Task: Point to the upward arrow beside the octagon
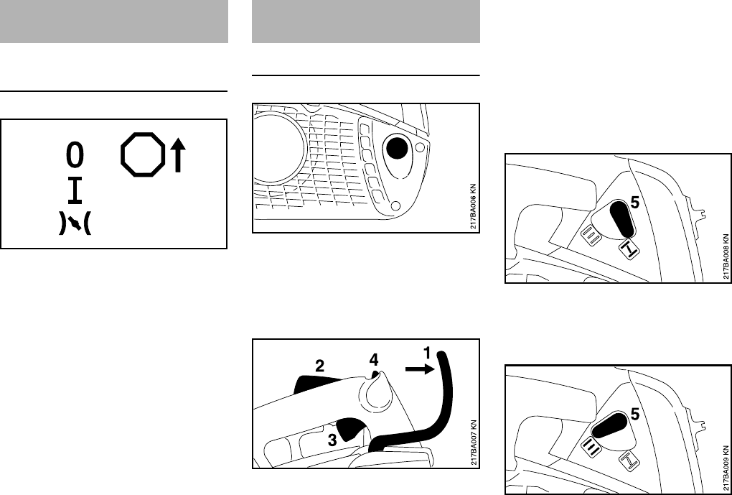[179, 156]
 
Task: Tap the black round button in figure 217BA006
[396, 149]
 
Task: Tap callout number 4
[374, 356]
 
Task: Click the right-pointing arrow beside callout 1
[417, 369]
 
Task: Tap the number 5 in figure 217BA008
[634, 203]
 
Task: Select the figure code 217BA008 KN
[726, 255]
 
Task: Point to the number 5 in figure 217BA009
[634, 414]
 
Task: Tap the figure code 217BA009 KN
[726, 467]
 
